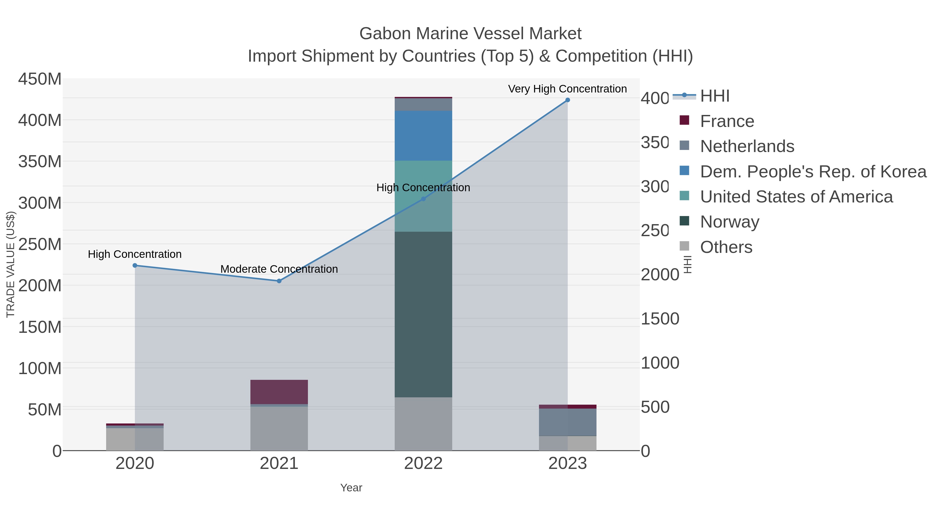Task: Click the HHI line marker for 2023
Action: (567, 100)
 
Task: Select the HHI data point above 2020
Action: (135, 265)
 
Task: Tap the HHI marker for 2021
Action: (279, 281)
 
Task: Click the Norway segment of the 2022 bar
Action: (423, 314)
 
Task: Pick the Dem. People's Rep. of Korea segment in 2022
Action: (423, 136)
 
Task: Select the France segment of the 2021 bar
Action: (279, 392)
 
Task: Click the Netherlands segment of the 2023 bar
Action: (567, 422)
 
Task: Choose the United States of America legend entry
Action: (796, 196)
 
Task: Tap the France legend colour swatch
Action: (684, 120)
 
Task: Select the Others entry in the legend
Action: (726, 247)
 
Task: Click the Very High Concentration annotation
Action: (567, 89)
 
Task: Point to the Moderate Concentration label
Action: (279, 269)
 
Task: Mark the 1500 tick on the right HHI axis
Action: (660, 319)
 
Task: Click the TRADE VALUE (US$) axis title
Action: (11, 264)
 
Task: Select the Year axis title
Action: (351, 488)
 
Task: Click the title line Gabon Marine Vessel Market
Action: (470, 34)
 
